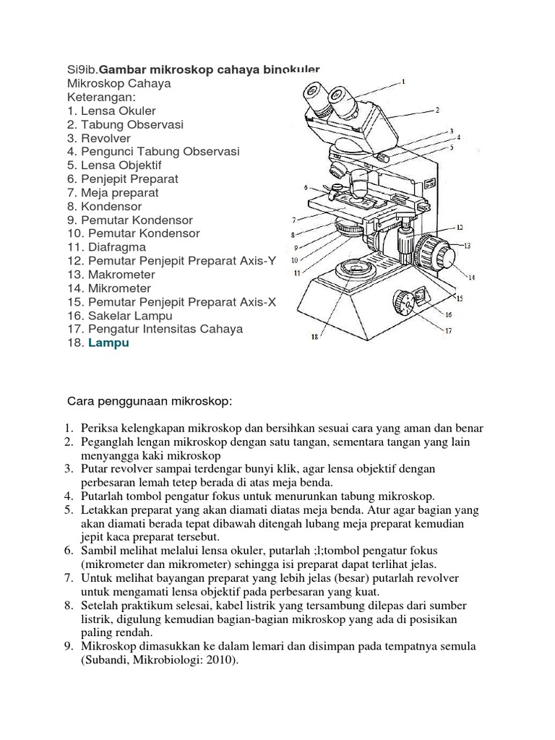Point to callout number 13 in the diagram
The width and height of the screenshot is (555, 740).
click(467, 246)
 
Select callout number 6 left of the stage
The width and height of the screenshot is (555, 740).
click(306, 187)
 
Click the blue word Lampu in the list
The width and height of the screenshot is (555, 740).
click(108, 343)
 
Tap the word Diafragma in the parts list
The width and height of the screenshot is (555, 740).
click(117, 247)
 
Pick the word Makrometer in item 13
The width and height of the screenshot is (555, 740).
click(121, 275)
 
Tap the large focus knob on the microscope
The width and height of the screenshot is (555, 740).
click(436, 252)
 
